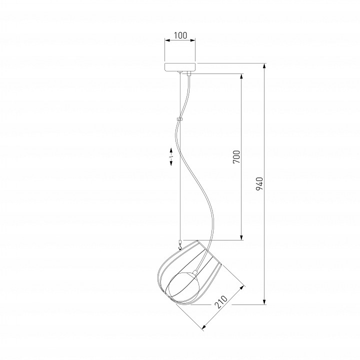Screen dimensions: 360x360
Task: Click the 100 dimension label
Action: pos(180,35)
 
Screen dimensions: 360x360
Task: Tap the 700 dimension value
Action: pos(236,157)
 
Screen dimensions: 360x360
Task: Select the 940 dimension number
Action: pos(259,184)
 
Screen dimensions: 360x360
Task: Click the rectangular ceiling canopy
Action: pos(180,67)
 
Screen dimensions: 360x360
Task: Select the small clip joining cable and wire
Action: pos(179,119)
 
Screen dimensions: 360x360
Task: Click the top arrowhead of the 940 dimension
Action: pos(264,66)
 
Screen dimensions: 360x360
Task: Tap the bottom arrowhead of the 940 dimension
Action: pos(264,301)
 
